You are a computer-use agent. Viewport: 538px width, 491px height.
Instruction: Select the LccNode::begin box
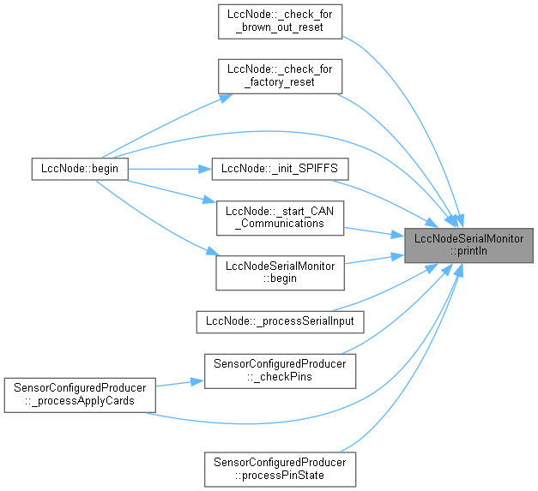[x=79, y=169]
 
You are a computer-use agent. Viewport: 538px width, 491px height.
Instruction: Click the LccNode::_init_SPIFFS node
[x=270, y=169]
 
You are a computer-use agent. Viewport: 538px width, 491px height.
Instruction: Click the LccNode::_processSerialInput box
[x=281, y=321]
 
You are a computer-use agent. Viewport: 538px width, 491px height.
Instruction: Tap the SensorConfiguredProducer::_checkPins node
[x=279, y=369]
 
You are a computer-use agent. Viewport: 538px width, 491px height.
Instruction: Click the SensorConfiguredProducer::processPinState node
[x=279, y=468]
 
